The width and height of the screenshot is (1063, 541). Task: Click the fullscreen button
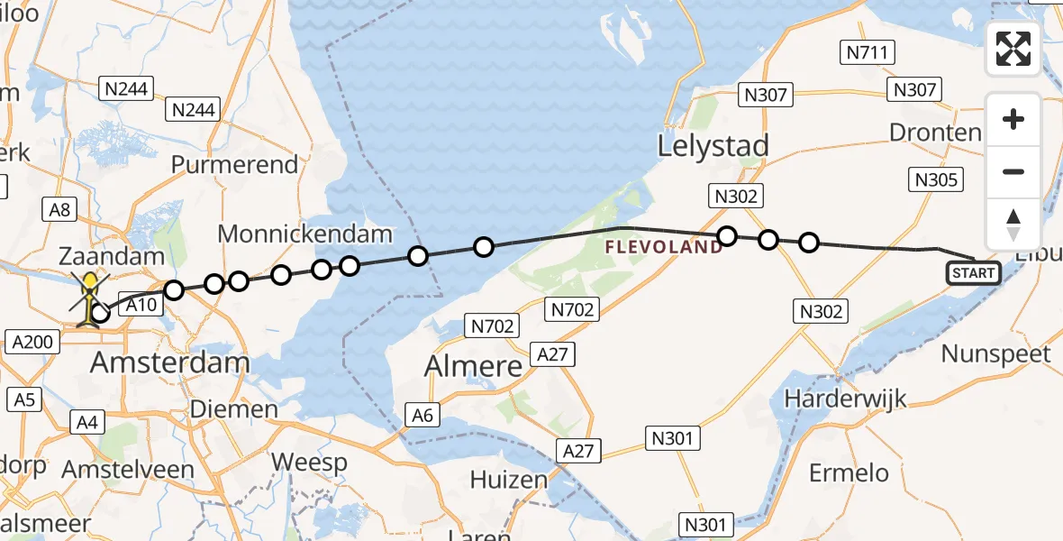click(1013, 49)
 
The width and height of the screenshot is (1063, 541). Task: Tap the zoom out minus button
click(1013, 172)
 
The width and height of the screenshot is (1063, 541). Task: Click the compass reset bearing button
click(1013, 225)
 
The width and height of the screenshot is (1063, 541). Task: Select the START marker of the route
click(973, 272)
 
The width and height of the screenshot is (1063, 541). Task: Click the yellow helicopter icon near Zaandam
click(90, 298)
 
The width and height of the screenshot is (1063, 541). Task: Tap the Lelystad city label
click(713, 146)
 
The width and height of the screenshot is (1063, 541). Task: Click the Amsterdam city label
click(170, 363)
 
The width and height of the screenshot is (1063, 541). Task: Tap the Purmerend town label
click(234, 165)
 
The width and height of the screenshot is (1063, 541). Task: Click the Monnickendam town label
click(305, 234)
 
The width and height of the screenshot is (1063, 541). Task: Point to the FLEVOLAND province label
click(663, 246)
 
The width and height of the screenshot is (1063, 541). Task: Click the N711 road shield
click(868, 52)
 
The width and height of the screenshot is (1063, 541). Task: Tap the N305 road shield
click(936, 179)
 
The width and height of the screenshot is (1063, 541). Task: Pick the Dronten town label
click(935, 133)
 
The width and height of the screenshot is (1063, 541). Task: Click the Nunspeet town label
click(995, 353)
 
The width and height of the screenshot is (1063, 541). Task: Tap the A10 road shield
click(141, 307)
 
